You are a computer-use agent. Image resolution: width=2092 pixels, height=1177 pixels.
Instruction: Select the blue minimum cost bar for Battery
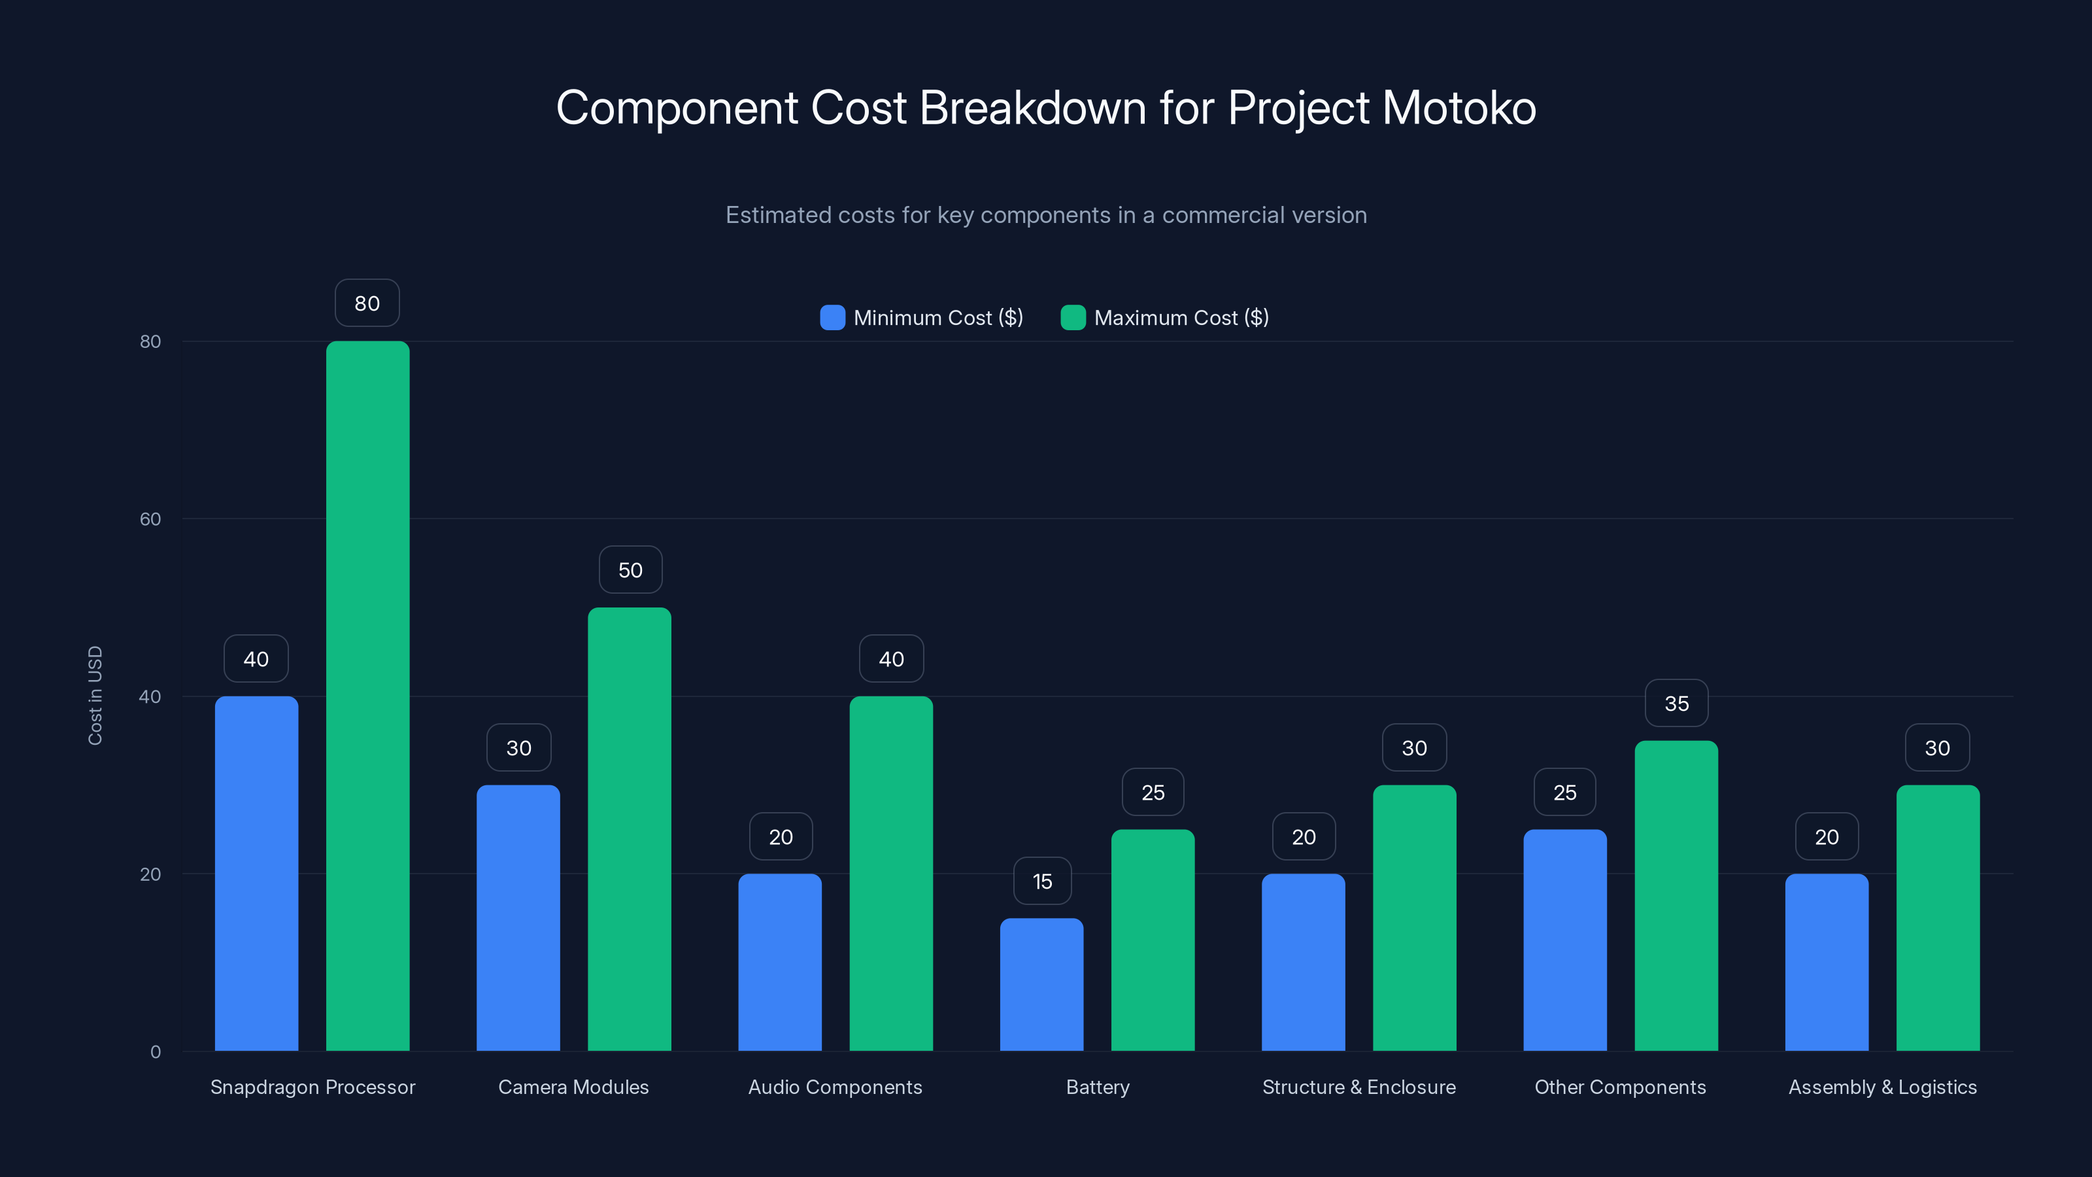click(x=1041, y=985)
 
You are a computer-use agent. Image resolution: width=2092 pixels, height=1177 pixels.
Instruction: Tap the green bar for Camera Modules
click(x=630, y=828)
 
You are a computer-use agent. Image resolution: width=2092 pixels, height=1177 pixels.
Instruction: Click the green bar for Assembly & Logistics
click(x=1937, y=918)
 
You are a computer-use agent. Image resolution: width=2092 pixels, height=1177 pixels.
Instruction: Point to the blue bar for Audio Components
click(x=780, y=963)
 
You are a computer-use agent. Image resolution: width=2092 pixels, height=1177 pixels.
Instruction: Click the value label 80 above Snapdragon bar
click(x=367, y=303)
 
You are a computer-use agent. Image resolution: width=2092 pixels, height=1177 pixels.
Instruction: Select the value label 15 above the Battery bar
click(x=1042, y=881)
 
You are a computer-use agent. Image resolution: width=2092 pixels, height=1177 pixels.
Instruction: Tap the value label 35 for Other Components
click(x=1676, y=704)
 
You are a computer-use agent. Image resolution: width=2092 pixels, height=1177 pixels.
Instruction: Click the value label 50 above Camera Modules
click(x=630, y=570)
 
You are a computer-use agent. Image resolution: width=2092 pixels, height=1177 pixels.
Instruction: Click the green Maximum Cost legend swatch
click(x=1073, y=318)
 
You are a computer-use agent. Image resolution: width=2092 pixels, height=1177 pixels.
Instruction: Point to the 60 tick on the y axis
click(x=150, y=519)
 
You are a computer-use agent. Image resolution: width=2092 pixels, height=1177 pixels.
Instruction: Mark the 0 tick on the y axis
click(x=155, y=1052)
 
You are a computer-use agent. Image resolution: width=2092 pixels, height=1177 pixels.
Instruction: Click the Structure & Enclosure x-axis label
click(x=1358, y=1087)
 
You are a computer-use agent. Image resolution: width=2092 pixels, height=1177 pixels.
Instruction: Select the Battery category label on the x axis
click(x=1097, y=1087)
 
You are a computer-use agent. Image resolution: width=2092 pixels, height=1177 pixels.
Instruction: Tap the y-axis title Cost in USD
click(x=95, y=695)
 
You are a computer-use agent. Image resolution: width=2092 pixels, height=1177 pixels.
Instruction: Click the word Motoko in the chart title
click(x=1459, y=108)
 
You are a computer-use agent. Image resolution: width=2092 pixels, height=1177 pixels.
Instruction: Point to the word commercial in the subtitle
click(x=1223, y=215)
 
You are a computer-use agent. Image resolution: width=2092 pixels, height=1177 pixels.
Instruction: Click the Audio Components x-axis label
click(x=835, y=1087)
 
